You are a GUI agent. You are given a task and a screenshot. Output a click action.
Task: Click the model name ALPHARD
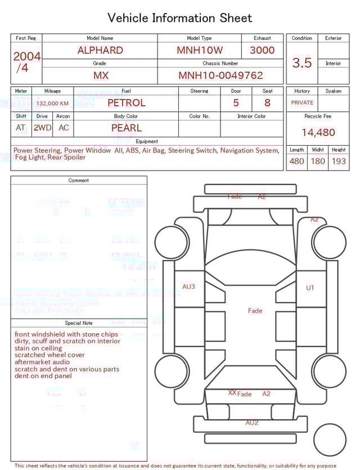(100, 50)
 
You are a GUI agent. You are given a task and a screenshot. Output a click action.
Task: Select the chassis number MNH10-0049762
(220, 75)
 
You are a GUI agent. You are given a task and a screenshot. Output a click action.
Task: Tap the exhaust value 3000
(262, 50)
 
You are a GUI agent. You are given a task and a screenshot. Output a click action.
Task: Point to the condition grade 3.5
(302, 63)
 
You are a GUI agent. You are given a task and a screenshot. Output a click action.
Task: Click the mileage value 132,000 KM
(53, 104)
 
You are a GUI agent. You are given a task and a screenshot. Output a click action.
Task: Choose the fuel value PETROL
(126, 103)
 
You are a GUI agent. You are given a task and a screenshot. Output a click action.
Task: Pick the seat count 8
(267, 103)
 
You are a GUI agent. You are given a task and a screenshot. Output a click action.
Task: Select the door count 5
(236, 103)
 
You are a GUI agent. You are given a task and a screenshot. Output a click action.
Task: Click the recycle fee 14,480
(318, 133)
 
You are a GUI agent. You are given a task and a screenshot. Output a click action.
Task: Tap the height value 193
(339, 162)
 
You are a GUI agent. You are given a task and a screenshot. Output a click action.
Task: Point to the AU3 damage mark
(188, 287)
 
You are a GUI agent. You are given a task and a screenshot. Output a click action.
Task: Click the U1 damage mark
(310, 288)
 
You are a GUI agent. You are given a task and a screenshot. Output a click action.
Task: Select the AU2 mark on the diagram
(251, 422)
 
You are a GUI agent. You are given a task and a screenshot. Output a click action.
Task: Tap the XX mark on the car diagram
(232, 392)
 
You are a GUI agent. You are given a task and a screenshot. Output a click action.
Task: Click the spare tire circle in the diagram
(330, 440)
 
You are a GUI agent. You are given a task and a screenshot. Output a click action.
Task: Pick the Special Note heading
(79, 323)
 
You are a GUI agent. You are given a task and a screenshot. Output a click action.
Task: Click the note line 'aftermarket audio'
(43, 362)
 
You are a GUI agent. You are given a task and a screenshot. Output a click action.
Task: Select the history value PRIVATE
(302, 103)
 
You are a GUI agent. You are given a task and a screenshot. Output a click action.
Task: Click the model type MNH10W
(199, 50)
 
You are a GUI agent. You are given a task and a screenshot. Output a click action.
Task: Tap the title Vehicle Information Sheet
(180, 18)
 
